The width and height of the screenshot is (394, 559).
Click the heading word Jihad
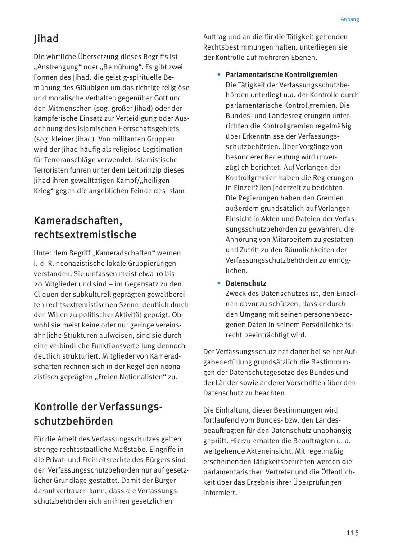pos(46,39)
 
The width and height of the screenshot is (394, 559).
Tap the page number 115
pos(353,533)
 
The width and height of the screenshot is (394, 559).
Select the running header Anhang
pos(350,19)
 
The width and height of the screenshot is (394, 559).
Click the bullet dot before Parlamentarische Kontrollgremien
pos(219,74)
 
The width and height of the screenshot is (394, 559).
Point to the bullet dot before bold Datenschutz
pos(219,283)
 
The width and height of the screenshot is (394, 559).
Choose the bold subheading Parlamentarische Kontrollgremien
pos(281,74)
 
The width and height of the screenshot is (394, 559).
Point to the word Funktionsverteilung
pos(119,346)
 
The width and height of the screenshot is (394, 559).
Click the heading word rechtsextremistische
pos(85,235)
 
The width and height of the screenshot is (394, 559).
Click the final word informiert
pos(220,493)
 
